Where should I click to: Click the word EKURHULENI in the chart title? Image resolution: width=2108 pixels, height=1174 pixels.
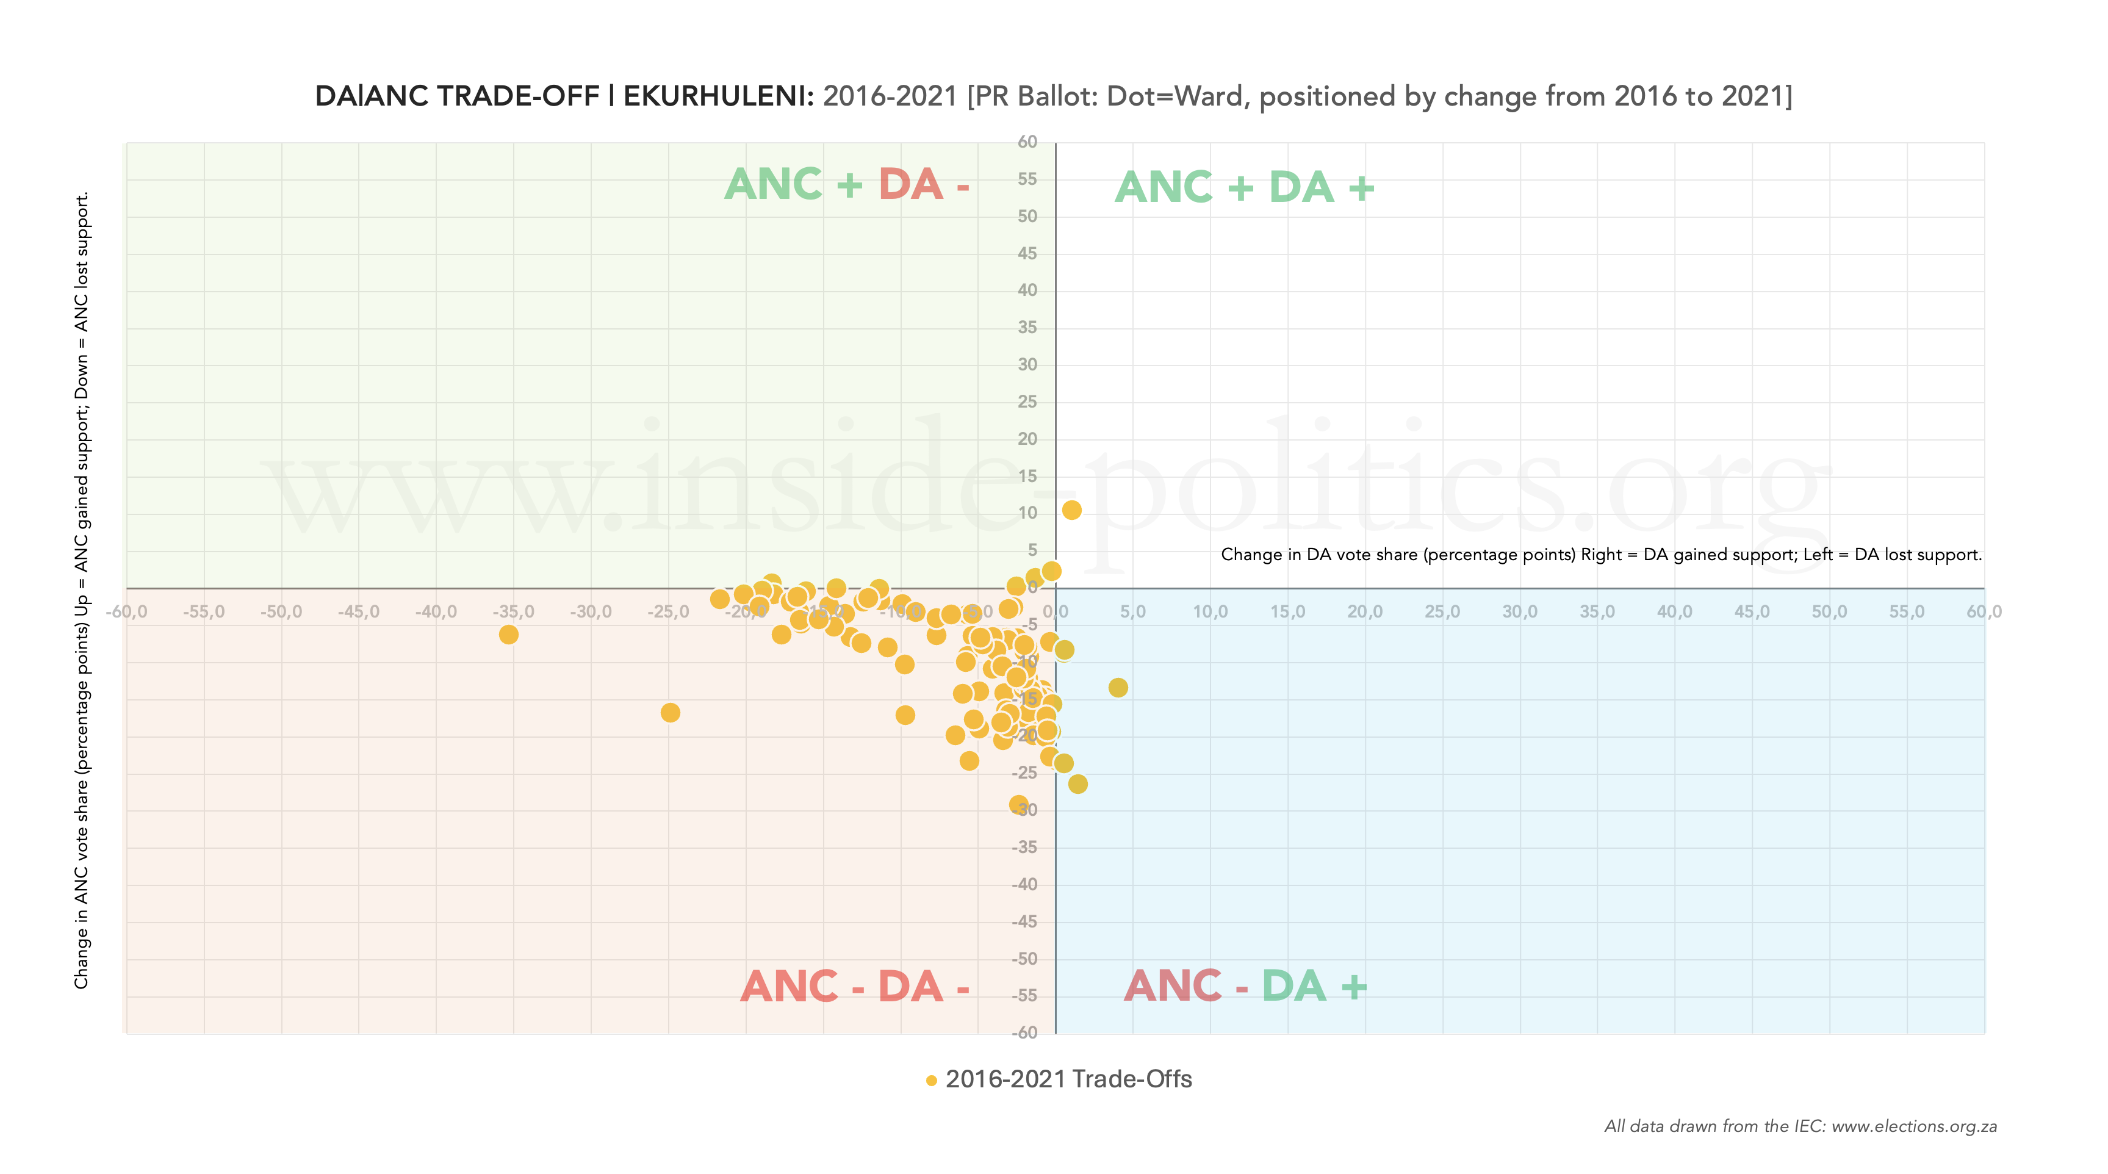point(718,96)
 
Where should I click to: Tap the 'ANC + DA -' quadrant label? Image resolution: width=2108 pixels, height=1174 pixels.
point(847,184)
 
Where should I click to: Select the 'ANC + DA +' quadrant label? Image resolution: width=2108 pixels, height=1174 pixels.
point(1244,187)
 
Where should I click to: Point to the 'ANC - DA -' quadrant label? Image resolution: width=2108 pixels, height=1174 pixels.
point(854,987)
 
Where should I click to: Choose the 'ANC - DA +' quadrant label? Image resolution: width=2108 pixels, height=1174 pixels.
point(1245,986)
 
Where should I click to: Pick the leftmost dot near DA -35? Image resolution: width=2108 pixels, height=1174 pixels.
point(508,635)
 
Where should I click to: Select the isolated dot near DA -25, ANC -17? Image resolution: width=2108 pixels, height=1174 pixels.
point(670,713)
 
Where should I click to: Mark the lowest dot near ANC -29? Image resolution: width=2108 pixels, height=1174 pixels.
point(1018,805)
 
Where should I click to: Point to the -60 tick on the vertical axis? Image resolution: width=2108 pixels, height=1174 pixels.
point(1024,1033)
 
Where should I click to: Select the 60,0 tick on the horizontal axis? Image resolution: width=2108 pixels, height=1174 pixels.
point(1984,612)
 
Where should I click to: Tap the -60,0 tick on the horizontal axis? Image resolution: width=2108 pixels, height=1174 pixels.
point(127,612)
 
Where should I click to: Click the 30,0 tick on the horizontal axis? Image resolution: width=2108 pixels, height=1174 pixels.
point(1520,612)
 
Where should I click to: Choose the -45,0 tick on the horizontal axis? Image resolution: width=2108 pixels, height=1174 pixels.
point(358,612)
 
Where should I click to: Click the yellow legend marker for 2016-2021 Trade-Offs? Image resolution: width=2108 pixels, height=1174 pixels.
point(931,1081)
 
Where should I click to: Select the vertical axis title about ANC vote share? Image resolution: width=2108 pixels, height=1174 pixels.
point(82,589)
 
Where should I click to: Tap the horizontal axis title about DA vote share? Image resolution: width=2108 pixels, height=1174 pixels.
point(1600,555)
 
